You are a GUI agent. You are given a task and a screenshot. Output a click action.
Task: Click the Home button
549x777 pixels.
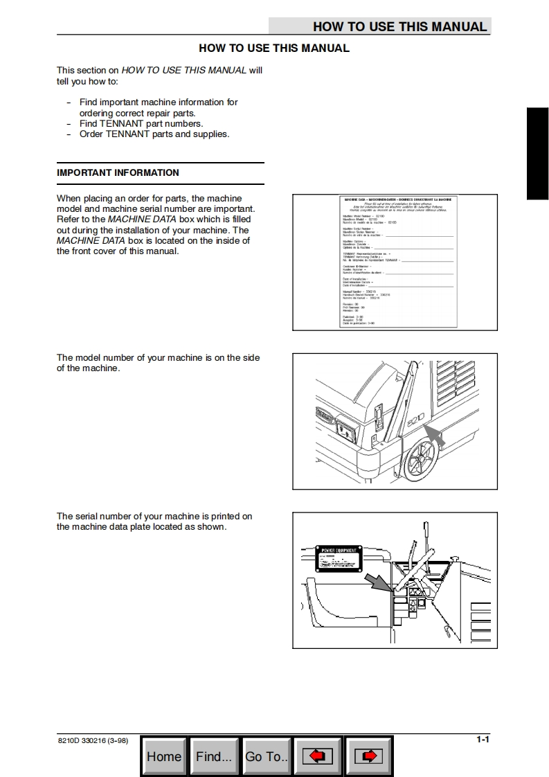coord(164,756)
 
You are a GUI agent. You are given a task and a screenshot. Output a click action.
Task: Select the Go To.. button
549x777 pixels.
coord(267,756)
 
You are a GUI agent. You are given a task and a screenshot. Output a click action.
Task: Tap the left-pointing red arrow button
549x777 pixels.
coord(318,756)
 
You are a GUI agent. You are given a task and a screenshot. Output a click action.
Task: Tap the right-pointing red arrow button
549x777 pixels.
coord(369,756)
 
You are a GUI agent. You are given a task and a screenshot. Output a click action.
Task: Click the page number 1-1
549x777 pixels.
coord(483,740)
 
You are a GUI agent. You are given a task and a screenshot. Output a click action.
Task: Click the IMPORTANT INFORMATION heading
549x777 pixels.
coord(118,173)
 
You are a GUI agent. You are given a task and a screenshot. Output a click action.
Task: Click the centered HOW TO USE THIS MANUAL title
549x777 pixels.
coord(274,48)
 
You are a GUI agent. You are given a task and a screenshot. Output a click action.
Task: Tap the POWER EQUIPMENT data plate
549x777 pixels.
coord(340,558)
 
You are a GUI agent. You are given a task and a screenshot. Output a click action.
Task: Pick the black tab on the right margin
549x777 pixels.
coord(537,154)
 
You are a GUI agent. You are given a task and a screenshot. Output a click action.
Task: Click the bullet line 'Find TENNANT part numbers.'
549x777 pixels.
coord(141,124)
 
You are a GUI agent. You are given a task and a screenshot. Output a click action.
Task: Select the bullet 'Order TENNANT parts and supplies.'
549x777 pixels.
coord(154,134)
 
